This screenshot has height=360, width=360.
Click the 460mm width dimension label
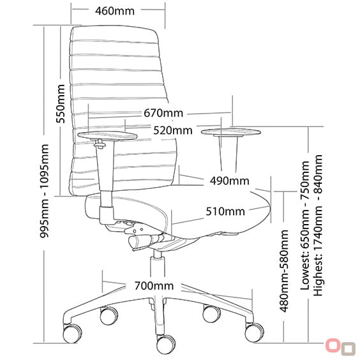click(x=115, y=11)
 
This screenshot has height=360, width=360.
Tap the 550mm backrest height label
click(x=61, y=104)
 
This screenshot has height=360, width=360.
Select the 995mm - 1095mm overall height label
click(x=44, y=191)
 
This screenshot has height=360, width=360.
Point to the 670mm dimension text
click(x=163, y=113)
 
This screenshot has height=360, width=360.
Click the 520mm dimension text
click(x=173, y=130)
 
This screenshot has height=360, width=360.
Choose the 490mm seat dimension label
click(x=230, y=181)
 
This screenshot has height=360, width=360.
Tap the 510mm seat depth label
click(x=225, y=211)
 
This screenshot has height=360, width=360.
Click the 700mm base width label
click(x=154, y=286)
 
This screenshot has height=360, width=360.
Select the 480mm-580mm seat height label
click(x=284, y=271)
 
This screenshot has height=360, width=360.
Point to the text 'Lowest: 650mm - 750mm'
click(x=305, y=225)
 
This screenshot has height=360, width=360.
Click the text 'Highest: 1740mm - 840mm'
click(x=319, y=225)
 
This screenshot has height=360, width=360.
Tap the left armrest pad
click(x=107, y=135)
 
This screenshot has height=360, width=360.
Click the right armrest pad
click(x=231, y=132)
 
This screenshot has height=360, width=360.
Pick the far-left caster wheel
click(x=72, y=333)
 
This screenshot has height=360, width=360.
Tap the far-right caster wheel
click(x=254, y=333)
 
